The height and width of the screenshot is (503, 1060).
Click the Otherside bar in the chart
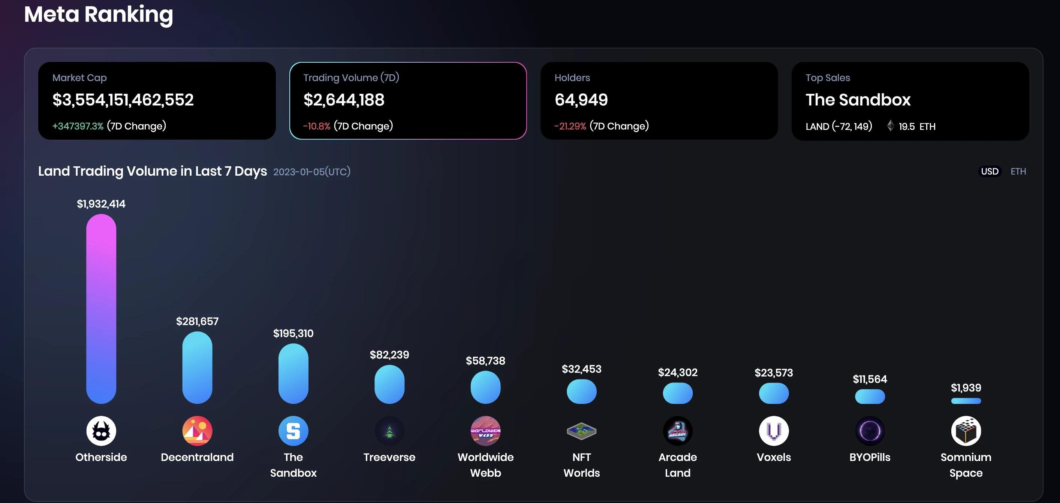(x=101, y=309)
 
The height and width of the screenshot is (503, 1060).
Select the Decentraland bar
(x=197, y=367)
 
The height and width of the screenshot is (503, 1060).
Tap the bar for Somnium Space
(x=966, y=401)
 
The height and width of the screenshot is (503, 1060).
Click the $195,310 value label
(x=293, y=333)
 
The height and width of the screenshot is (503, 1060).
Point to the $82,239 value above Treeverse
(x=389, y=355)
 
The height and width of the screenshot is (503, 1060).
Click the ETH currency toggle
(x=1018, y=172)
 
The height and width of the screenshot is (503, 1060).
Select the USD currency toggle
(x=990, y=172)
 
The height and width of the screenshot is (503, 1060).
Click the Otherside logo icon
(x=101, y=431)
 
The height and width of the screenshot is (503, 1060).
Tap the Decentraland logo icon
(x=197, y=431)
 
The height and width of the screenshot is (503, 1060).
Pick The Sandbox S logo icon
(x=293, y=431)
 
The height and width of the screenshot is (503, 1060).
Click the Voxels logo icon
(x=774, y=431)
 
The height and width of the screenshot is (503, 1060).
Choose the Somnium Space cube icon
(x=966, y=431)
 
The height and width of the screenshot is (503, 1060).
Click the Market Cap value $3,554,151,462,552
(x=123, y=100)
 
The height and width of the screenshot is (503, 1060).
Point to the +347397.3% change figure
(x=78, y=126)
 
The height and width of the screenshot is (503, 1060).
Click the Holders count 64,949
(x=581, y=100)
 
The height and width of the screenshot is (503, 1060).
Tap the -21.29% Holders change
(x=570, y=126)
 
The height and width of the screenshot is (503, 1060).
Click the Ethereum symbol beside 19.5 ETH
(x=891, y=126)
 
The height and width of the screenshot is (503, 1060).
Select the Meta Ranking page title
(x=99, y=14)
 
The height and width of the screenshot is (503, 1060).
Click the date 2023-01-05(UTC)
(x=312, y=172)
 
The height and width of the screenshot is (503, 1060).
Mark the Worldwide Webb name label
(x=485, y=465)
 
